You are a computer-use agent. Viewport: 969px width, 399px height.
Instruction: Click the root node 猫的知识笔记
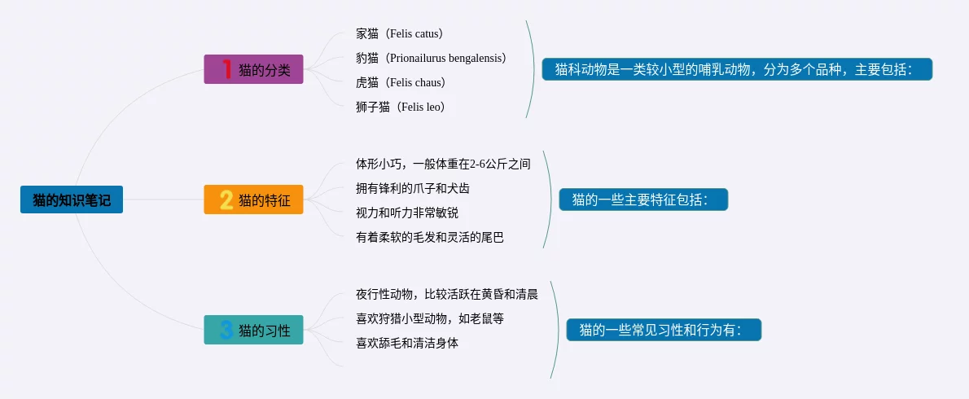pyautogui.click(x=72, y=199)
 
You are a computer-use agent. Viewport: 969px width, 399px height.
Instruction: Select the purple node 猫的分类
pyautogui.click(x=253, y=69)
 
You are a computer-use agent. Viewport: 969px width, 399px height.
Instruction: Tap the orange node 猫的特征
pyautogui.click(x=253, y=199)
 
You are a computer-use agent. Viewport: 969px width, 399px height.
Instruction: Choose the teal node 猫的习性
pyautogui.click(x=253, y=330)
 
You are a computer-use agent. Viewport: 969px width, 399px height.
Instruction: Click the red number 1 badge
pyautogui.click(x=227, y=69)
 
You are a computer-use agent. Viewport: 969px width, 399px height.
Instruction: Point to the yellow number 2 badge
pyautogui.click(x=227, y=199)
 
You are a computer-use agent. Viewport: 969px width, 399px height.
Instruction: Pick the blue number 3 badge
pyautogui.click(x=227, y=330)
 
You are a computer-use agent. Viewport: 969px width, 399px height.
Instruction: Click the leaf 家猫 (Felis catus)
pyautogui.click(x=400, y=33)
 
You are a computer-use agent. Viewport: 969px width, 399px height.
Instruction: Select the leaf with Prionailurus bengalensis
pyautogui.click(x=432, y=58)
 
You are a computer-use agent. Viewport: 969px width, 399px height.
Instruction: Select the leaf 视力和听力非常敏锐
pyautogui.click(x=407, y=213)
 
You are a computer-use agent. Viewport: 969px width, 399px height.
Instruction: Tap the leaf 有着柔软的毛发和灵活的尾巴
pyautogui.click(x=430, y=237)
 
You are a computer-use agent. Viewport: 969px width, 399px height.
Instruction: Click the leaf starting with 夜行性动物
pyautogui.click(x=447, y=295)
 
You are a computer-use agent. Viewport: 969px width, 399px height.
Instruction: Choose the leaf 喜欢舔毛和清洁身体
pyautogui.click(x=407, y=344)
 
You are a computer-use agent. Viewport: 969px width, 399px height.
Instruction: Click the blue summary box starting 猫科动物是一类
pyautogui.click(x=737, y=69)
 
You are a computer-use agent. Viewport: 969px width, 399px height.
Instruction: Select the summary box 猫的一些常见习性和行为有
pyautogui.click(x=664, y=330)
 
